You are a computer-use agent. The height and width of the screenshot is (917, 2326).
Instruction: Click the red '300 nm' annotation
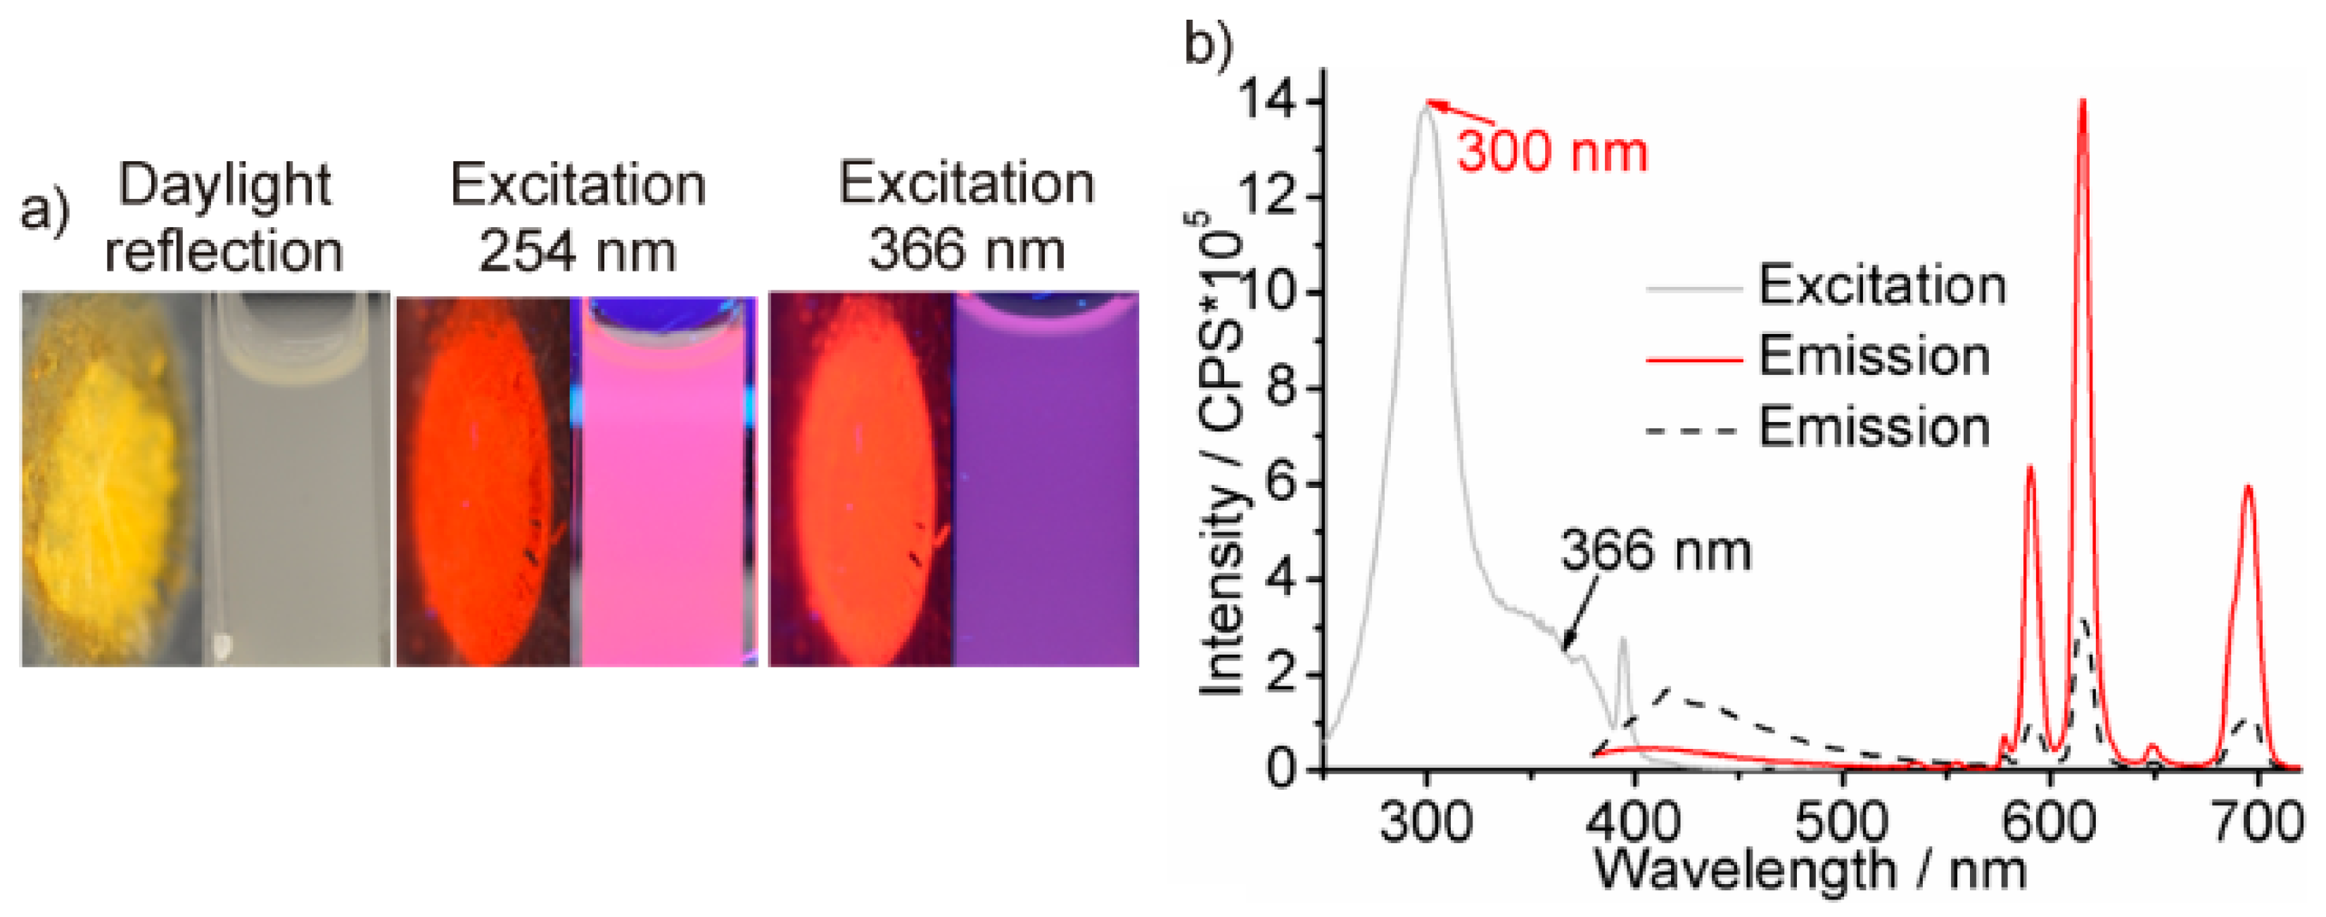[x=1552, y=152]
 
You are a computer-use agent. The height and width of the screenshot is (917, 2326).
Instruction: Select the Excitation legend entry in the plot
[x=1881, y=286]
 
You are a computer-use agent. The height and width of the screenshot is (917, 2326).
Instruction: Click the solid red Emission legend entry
[x=1874, y=356]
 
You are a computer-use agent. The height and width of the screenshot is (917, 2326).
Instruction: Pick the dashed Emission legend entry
[x=1874, y=427]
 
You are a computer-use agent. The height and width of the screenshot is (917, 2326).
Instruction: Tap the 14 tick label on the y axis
[x=1271, y=102]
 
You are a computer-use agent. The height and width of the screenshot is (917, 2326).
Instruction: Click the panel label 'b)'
[x=1208, y=44]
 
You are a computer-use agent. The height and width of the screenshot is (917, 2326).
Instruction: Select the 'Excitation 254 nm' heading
[x=578, y=217]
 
